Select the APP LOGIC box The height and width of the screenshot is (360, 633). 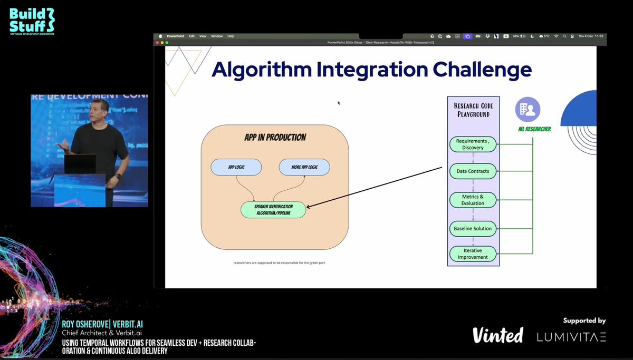(236, 167)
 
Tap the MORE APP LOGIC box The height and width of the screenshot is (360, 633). (304, 167)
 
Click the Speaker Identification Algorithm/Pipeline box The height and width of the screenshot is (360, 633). (273, 210)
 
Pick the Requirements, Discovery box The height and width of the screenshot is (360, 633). (473, 144)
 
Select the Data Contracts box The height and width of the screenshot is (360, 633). (473, 171)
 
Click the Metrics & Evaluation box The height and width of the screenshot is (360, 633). (473, 200)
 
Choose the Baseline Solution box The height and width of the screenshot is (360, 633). (473, 229)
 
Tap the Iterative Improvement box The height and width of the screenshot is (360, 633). (473, 254)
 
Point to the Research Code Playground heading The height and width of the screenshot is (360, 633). (473, 110)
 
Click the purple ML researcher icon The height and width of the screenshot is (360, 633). (527, 110)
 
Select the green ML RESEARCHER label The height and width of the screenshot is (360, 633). (534, 129)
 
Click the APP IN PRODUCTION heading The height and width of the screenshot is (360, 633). (275, 138)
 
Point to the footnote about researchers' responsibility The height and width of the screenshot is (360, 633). (279, 262)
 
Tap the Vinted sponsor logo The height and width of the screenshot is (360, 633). (497, 335)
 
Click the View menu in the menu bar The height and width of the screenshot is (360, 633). (203, 36)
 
